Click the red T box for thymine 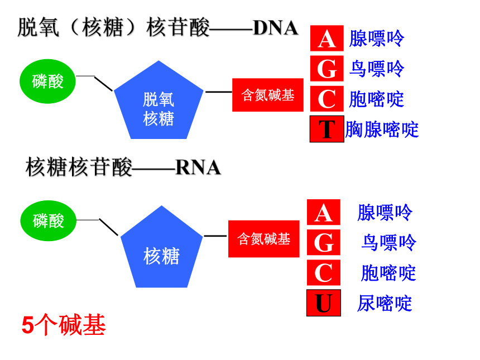327,129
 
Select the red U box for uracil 324,303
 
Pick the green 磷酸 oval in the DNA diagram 47,81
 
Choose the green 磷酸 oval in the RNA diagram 48,220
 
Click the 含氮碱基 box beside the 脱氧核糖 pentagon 268,95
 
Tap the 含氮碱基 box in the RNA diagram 264,239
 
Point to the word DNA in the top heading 276,28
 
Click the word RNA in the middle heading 198,167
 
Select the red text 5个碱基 64,325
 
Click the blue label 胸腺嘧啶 382,129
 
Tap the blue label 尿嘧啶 385,304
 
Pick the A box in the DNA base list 327,39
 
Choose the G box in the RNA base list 324,242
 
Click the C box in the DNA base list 327,99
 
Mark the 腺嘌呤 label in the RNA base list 385,213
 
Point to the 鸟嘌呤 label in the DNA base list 377,69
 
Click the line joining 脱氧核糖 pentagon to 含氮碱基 219,92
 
